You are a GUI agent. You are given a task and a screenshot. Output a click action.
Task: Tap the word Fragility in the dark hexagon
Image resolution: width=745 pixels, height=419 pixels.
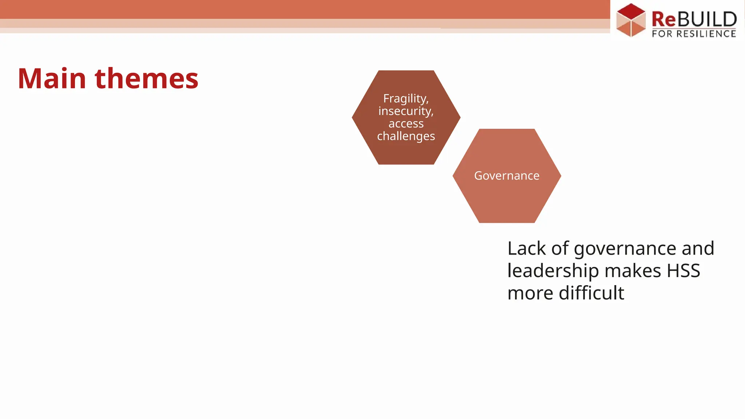[x=405, y=99]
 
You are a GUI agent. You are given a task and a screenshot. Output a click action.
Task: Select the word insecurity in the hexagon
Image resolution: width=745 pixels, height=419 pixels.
[x=406, y=111]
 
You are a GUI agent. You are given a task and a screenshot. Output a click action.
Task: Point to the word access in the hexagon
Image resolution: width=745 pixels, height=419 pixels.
[x=406, y=124]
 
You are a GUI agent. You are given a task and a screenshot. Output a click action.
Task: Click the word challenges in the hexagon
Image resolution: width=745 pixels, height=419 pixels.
[x=406, y=136]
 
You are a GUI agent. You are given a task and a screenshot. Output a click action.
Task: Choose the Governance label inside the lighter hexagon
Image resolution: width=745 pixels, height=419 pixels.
[x=507, y=176]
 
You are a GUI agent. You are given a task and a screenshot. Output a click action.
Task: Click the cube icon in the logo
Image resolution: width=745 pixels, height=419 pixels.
[x=631, y=20]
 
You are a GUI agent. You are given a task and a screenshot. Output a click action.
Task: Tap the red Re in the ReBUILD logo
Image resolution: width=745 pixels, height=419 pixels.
[x=663, y=19]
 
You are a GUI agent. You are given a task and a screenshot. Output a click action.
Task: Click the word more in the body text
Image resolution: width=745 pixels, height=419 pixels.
[x=530, y=293]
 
